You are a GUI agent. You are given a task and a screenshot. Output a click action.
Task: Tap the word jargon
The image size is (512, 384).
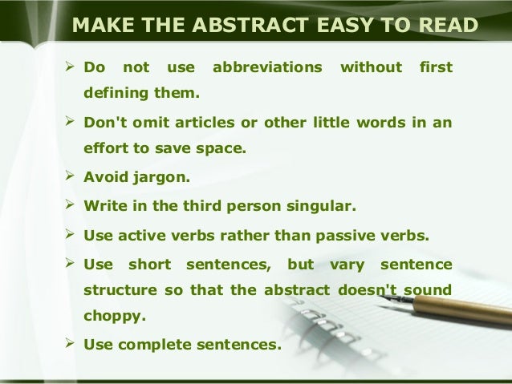[x=169, y=177]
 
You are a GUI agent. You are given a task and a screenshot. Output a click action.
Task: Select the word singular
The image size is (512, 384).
[x=318, y=206]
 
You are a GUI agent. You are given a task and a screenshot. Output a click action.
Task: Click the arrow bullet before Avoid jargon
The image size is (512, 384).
[x=70, y=177]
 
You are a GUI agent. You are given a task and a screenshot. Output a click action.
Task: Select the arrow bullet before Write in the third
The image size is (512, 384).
[x=70, y=206]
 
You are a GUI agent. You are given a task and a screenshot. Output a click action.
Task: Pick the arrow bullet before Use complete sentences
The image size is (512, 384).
[x=70, y=346]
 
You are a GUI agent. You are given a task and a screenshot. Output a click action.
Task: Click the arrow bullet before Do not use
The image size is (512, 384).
[x=70, y=69]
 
